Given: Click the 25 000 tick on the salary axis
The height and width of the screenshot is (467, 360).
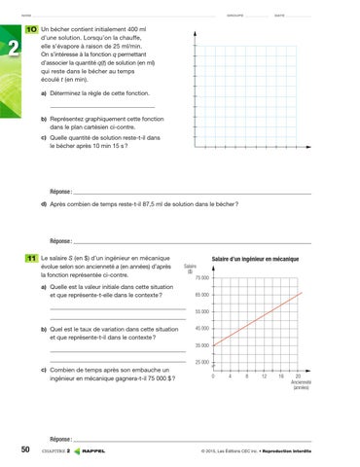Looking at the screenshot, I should (x=201, y=362).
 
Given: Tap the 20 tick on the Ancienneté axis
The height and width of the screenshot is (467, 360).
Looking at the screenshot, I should (x=298, y=376).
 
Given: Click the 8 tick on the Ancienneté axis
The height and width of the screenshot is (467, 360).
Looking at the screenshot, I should (x=248, y=376).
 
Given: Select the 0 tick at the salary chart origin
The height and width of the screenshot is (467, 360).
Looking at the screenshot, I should (x=213, y=376).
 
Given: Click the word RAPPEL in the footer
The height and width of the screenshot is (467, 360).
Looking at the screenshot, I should (x=94, y=450).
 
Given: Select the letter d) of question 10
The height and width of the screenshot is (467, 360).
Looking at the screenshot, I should (x=44, y=204).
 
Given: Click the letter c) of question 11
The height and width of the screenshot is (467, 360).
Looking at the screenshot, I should (x=44, y=370).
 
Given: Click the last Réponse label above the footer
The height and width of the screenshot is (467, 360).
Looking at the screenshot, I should (x=60, y=439).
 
